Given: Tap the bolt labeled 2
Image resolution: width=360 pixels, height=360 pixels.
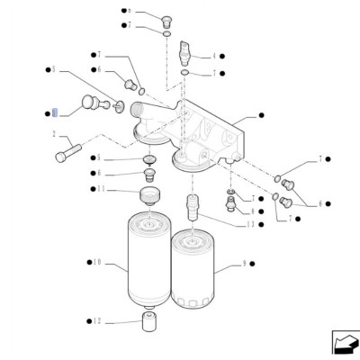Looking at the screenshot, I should pos(69,153).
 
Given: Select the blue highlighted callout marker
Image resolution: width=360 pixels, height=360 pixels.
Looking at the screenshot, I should pos(53,112).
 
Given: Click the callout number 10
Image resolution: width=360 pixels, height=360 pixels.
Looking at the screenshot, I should pos(96,262).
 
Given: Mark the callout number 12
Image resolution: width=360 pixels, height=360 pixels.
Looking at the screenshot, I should pos(97,320).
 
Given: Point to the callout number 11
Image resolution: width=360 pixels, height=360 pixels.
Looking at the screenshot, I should pos(102,189).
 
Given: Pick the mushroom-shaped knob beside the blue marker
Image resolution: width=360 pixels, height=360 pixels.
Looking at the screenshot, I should pos(89,103).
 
